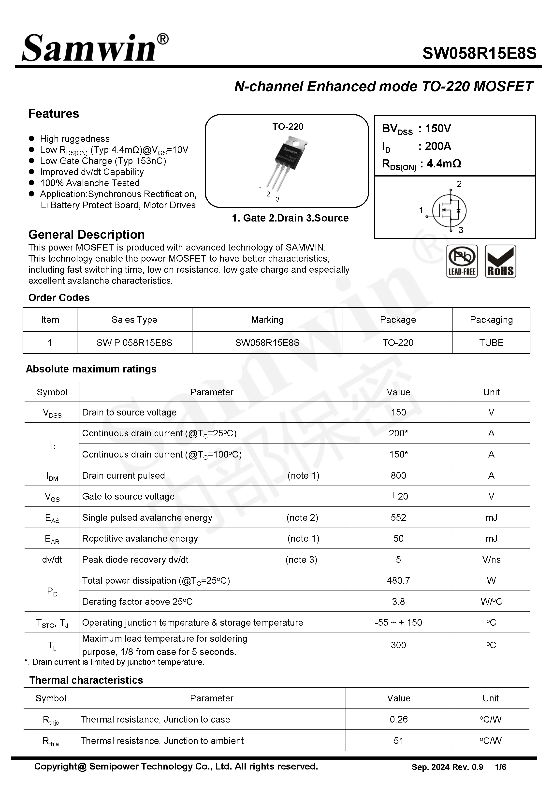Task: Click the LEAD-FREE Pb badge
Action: point(462,261)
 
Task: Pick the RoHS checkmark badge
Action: point(500,261)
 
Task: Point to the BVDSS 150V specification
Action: point(416,129)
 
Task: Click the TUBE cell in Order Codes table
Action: point(491,343)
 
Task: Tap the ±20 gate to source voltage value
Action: point(398,496)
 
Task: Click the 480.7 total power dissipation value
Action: point(398,580)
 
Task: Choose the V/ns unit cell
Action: point(491,560)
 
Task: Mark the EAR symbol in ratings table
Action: point(52,539)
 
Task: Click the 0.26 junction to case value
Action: point(398,719)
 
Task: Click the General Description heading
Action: point(86,235)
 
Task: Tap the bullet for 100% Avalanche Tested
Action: point(31,183)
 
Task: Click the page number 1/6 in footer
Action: point(500,767)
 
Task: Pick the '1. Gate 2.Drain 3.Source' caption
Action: point(290,218)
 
